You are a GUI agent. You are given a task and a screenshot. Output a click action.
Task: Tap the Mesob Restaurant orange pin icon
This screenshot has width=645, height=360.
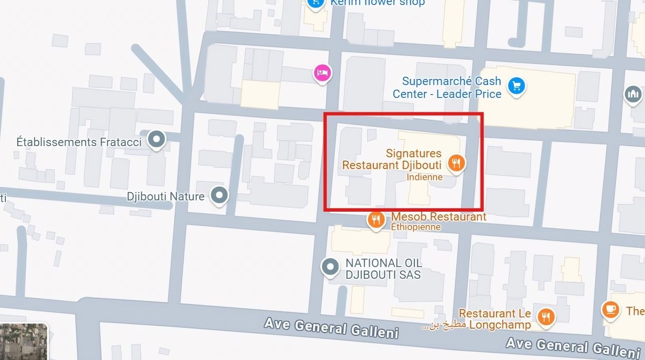pyautogui.click(x=376, y=219)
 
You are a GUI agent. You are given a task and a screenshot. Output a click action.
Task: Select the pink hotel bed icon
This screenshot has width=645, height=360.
pyautogui.click(x=322, y=73)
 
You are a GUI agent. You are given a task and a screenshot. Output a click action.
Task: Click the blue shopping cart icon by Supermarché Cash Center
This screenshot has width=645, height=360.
pyautogui.click(x=516, y=85)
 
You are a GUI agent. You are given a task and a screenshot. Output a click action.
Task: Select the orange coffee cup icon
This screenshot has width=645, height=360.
pyautogui.click(x=610, y=309)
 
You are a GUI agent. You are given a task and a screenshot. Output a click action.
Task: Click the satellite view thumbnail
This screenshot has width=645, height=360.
pyautogui.click(x=24, y=342)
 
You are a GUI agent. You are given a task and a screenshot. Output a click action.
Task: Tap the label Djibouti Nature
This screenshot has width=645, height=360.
pyautogui.click(x=166, y=196)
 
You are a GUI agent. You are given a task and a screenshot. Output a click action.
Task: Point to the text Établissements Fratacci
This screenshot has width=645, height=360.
pyautogui.click(x=79, y=142)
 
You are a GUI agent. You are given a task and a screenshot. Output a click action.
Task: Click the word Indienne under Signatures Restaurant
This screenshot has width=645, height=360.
pyautogui.click(x=425, y=177)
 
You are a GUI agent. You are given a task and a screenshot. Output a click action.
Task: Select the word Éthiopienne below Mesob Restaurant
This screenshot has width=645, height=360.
pyautogui.click(x=415, y=227)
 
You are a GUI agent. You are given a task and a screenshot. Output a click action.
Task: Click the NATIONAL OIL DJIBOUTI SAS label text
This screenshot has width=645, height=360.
pyautogui.click(x=383, y=269)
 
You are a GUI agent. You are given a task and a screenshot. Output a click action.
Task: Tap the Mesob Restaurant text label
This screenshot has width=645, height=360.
pyautogui.click(x=439, y=217)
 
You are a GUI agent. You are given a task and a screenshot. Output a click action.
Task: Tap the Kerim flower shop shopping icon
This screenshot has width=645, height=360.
pyautogui.click(x=314, y=3)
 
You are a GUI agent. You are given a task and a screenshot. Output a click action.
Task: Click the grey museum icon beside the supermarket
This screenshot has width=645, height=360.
pyautogui.click(x=633, y=95)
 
